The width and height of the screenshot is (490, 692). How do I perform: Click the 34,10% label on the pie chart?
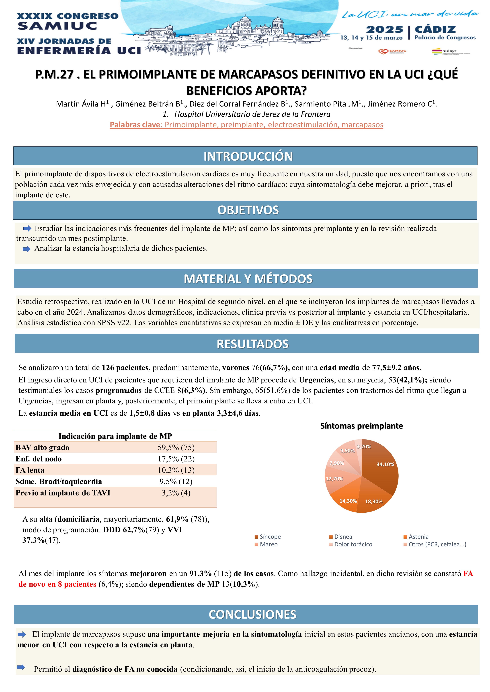[385, 464]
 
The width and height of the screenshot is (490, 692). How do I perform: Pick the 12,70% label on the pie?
[334, 479]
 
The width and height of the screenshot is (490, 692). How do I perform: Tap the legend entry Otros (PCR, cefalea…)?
[437, 544]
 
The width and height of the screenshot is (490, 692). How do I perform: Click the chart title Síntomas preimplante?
[361, 426]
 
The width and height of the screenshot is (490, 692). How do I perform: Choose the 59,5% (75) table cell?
[176, 448]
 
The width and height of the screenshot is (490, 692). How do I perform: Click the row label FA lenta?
[30, 470]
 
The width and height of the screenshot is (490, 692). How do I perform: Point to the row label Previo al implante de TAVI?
[63, 493]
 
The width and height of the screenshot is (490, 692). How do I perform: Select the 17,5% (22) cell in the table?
[176, 459]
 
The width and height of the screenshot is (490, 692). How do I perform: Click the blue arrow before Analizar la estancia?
[27, 249]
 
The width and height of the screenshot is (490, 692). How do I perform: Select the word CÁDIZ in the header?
[435, 30]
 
